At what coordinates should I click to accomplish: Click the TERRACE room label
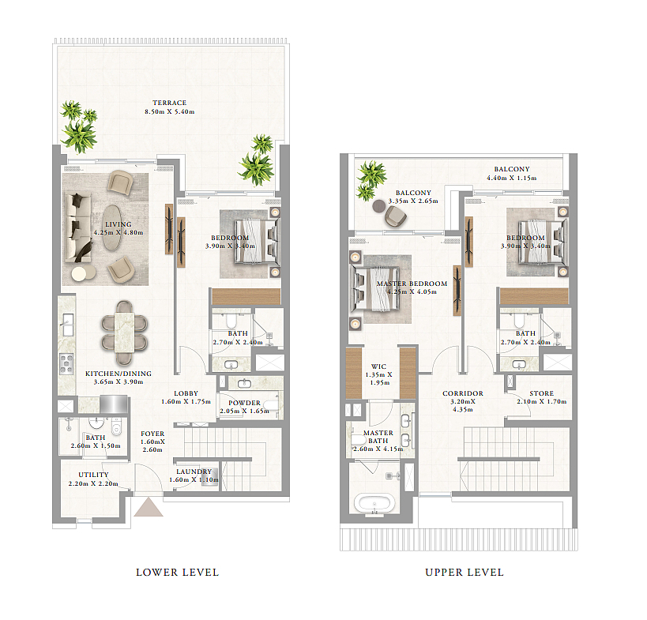point(169,103)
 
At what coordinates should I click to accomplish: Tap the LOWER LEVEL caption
point(178,572)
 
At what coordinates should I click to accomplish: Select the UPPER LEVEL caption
point(465,572)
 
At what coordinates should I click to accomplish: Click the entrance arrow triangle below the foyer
point(149,507)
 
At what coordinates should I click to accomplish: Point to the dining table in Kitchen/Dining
point(124,333)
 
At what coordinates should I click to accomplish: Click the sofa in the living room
point(78,227)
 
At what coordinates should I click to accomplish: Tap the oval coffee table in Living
point(112,227)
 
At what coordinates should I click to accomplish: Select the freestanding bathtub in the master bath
point(374,503)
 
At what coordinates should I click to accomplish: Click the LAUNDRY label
point(194,472)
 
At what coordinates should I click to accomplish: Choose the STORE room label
point(542,393)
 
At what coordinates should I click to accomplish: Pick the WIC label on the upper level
point(378,366)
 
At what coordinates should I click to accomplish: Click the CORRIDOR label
point(463,393)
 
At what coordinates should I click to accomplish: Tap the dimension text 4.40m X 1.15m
point(512,178)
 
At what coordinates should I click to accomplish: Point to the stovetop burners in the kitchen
point(66,364)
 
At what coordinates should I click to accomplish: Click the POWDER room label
point(244,403)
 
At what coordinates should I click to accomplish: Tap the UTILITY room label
point(94,475)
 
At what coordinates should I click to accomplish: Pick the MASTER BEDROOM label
point(412,284)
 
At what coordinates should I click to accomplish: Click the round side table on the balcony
point(378,206)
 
